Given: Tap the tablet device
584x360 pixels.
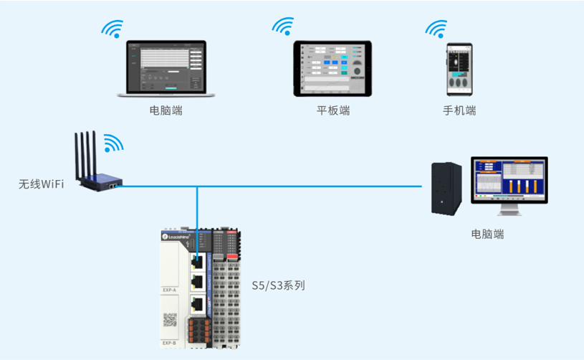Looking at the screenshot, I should click(333, 69).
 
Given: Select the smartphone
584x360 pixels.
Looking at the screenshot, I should click(460, 70).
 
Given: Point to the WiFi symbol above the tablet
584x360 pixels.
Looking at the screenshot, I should click(283, 27).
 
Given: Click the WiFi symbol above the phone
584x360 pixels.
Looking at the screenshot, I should click(436, 29).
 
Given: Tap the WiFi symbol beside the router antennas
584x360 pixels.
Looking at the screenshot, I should click(113, 143).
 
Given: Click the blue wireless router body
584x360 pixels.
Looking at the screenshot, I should click(100, 185).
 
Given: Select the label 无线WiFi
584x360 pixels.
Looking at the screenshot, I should click(42, 184).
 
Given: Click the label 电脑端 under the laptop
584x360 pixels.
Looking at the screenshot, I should click(166, 110).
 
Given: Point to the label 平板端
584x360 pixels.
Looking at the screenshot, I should click(333, 110).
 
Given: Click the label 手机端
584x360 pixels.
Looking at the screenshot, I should click(459, 110).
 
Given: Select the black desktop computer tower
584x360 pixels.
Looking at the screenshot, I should click(446, 188).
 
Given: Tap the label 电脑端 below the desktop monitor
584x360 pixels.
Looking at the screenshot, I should click(487, 234).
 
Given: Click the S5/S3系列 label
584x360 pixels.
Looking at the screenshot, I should click(278, 285).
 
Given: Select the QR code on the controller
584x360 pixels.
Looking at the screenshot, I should click(170, 320).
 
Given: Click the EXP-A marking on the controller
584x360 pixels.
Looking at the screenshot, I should click(170, 290).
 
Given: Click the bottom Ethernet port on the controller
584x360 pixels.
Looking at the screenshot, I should click(196, 304).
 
